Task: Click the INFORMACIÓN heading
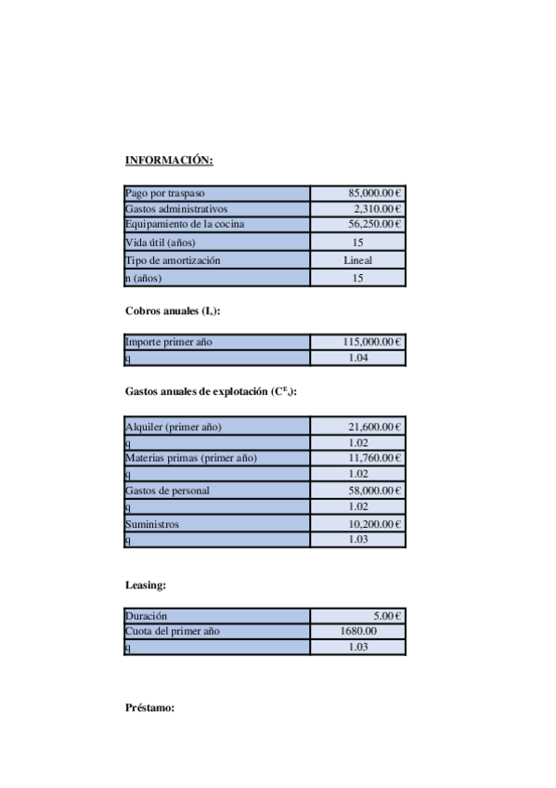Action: coord(169,161)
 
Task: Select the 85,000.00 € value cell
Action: coord(374,193)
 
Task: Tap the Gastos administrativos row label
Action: coord(176,209)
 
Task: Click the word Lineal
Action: coord(357,260)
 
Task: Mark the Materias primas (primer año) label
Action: coord(190,458)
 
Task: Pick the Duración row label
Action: coord(147,616)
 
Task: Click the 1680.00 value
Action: coord(357,632)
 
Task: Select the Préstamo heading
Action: coord(149,708)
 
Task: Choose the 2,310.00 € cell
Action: coord(377,209)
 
